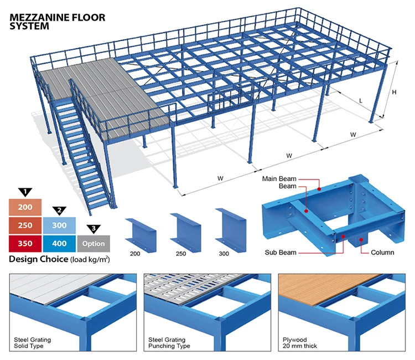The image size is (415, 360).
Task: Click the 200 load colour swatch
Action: [25, 208]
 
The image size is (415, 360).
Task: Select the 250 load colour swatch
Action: [25, 225]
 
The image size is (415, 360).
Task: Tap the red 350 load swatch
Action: [25, 243]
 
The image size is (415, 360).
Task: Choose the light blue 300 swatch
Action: [59, 225]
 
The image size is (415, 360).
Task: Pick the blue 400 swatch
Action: [59, 243]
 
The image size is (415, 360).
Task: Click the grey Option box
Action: [93, 243]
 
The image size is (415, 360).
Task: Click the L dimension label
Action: [361, 101]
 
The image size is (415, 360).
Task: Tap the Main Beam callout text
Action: [279, 179]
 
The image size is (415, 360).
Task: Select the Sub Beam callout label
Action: [279, 253]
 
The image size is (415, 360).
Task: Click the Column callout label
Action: [382, 253]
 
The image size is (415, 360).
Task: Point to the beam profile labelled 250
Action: [180, 228]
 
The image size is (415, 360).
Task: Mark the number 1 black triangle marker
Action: [25, 192]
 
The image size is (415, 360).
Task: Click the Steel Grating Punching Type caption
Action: [169, 342]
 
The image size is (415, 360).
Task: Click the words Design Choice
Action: [39, 259]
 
